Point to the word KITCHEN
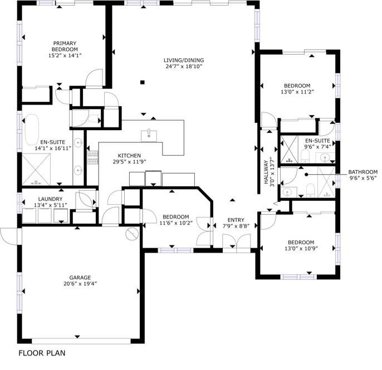tap(129, 156)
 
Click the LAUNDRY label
tap(50, 199)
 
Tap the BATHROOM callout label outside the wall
tap(363, 172)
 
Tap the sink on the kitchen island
tap(149, 134)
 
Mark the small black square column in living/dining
tap(143, 82)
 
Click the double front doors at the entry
tap(236, 242)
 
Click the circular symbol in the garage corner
tap(132, 234)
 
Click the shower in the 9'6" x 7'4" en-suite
tap(289, 150)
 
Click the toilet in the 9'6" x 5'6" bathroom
tap(311, 191)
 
